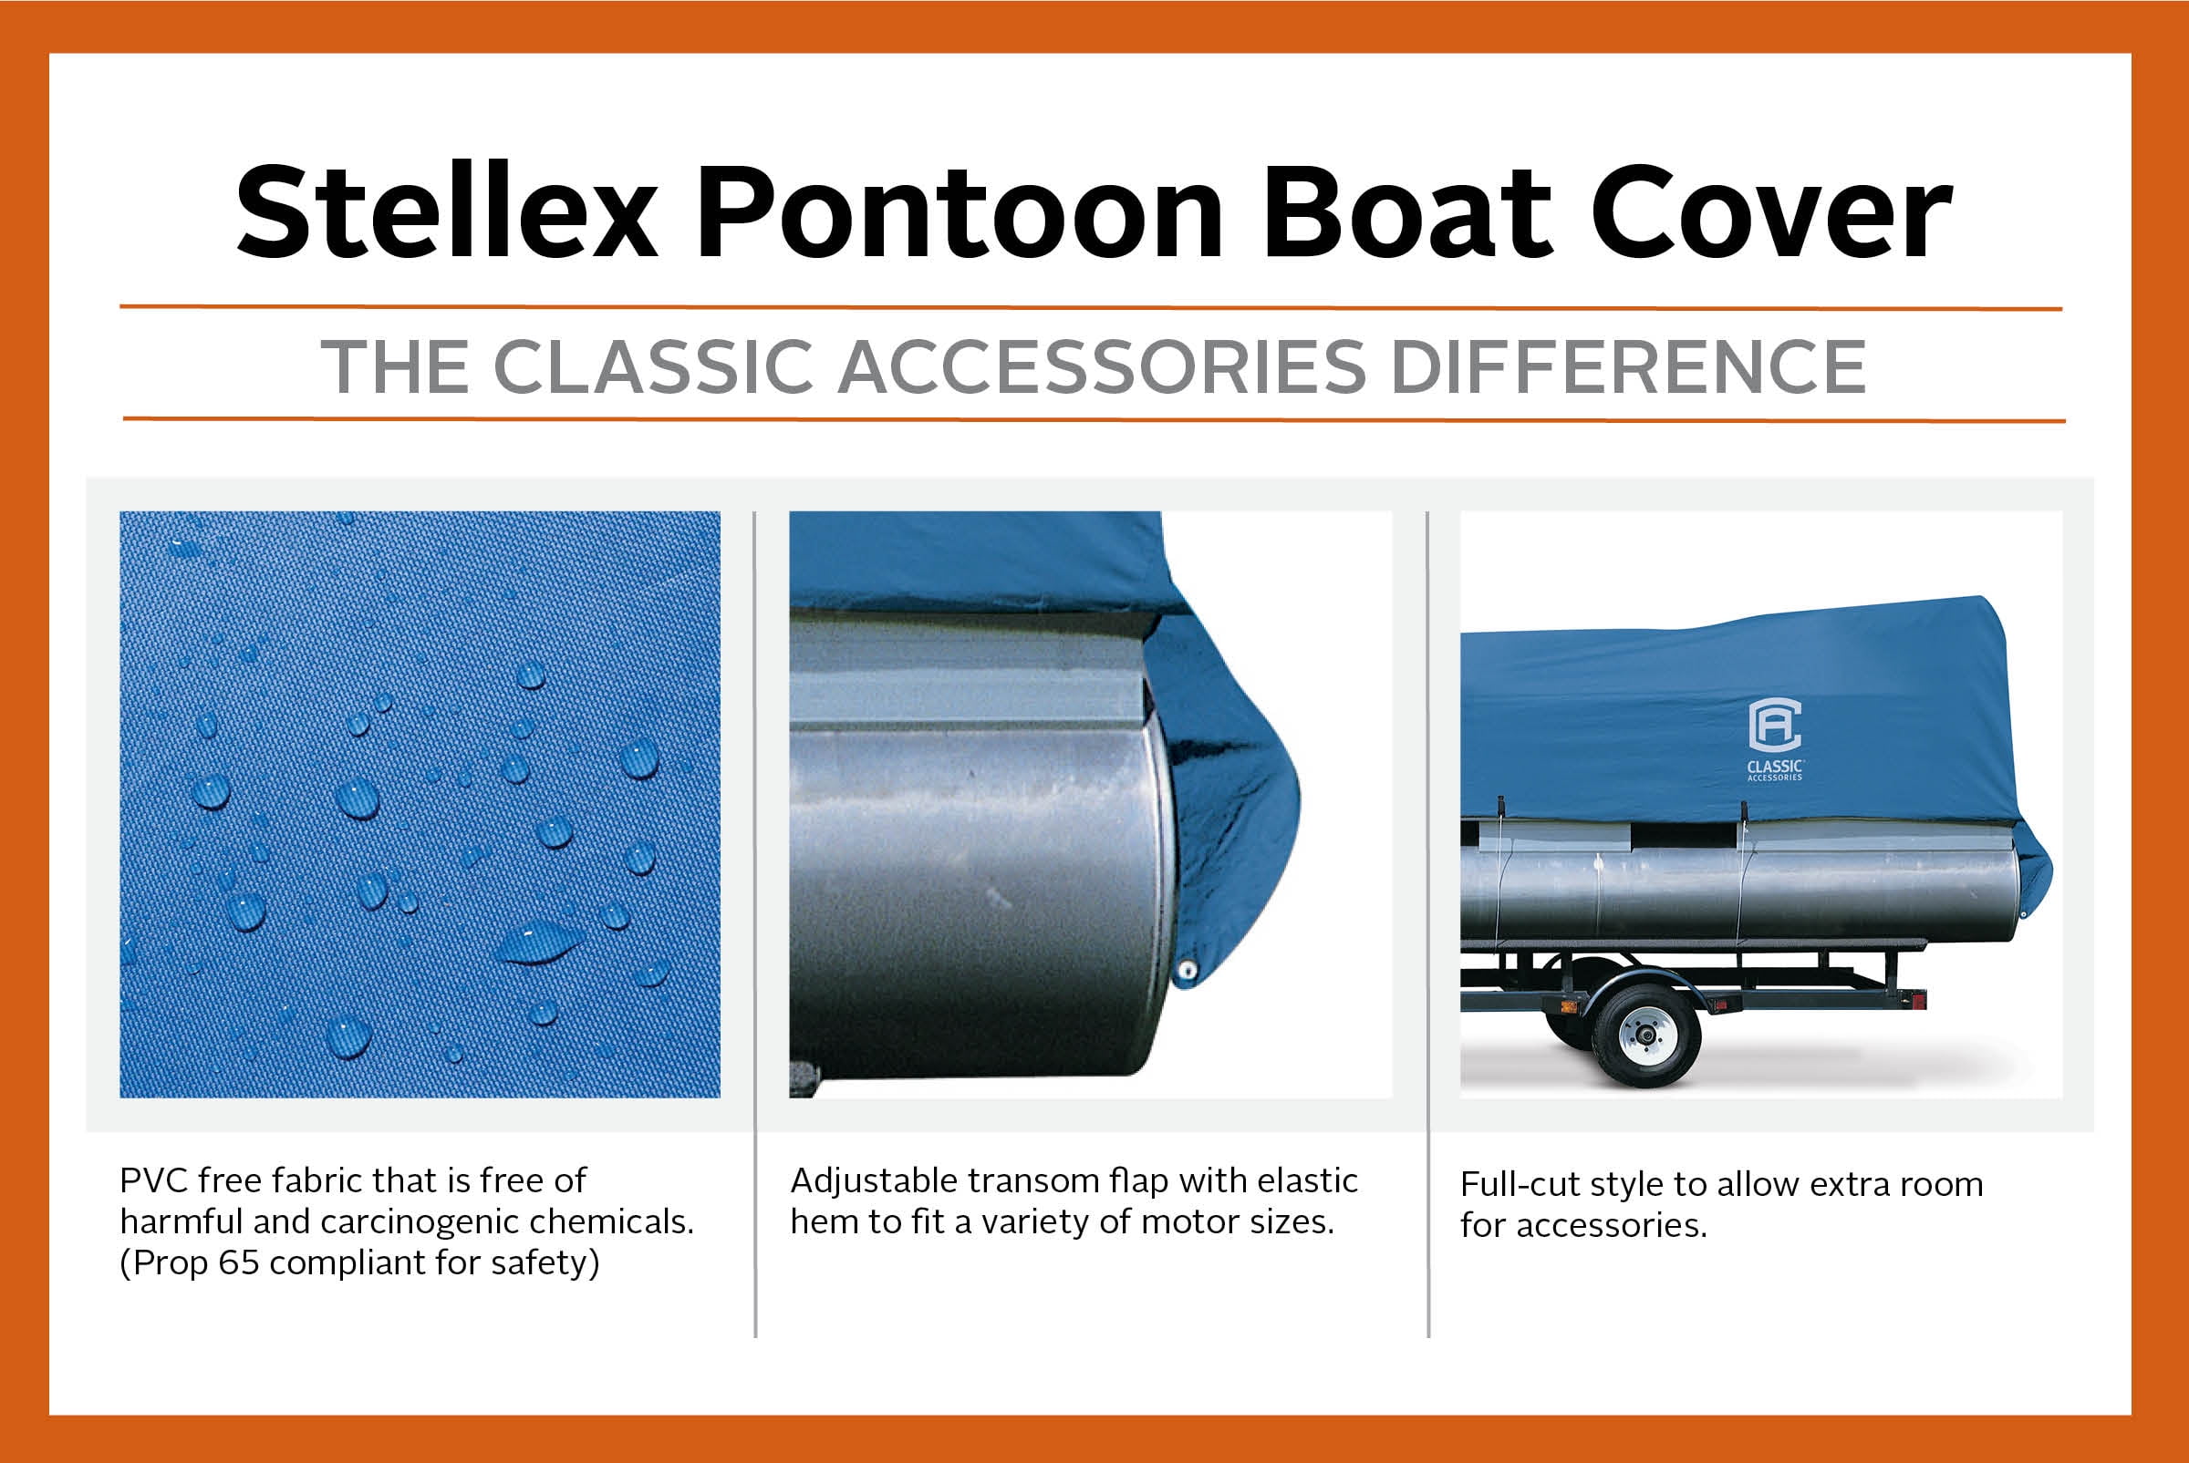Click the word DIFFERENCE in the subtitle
[1628, 366]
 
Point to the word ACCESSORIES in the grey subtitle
[1102, 366]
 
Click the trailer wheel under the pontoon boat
[1645, 1035]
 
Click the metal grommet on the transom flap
[1188, 971]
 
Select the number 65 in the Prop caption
[238, 1262]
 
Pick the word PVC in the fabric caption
[153, 1180]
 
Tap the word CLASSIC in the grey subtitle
[652, 366]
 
